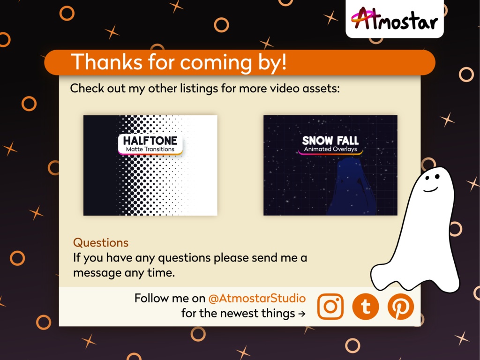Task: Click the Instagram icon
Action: pyautogui.click(x=330, y=307)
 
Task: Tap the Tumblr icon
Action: pyautogui.click(x=365, y=307)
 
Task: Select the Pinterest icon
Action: pyautogui.click(x=400, y=307)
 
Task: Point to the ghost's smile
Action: pyautogui.click(x=430, y=189)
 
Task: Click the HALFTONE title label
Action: pyautogui.click(x=150, y=140)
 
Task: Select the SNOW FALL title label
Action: pyautogui.click(x=330, y=140)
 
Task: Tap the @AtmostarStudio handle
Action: pyautogui.click(x=257, y=298)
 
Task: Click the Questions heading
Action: pyautogui.click(x=101, y=243)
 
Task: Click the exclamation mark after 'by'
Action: pyautogui.click(x=283, y=62)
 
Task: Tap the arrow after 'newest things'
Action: pyautogui.click(x=302, y=314)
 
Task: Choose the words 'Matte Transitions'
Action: pyautogui.click(x=150, y=150)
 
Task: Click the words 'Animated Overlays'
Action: pyautogui.click(x=330, y=150)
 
